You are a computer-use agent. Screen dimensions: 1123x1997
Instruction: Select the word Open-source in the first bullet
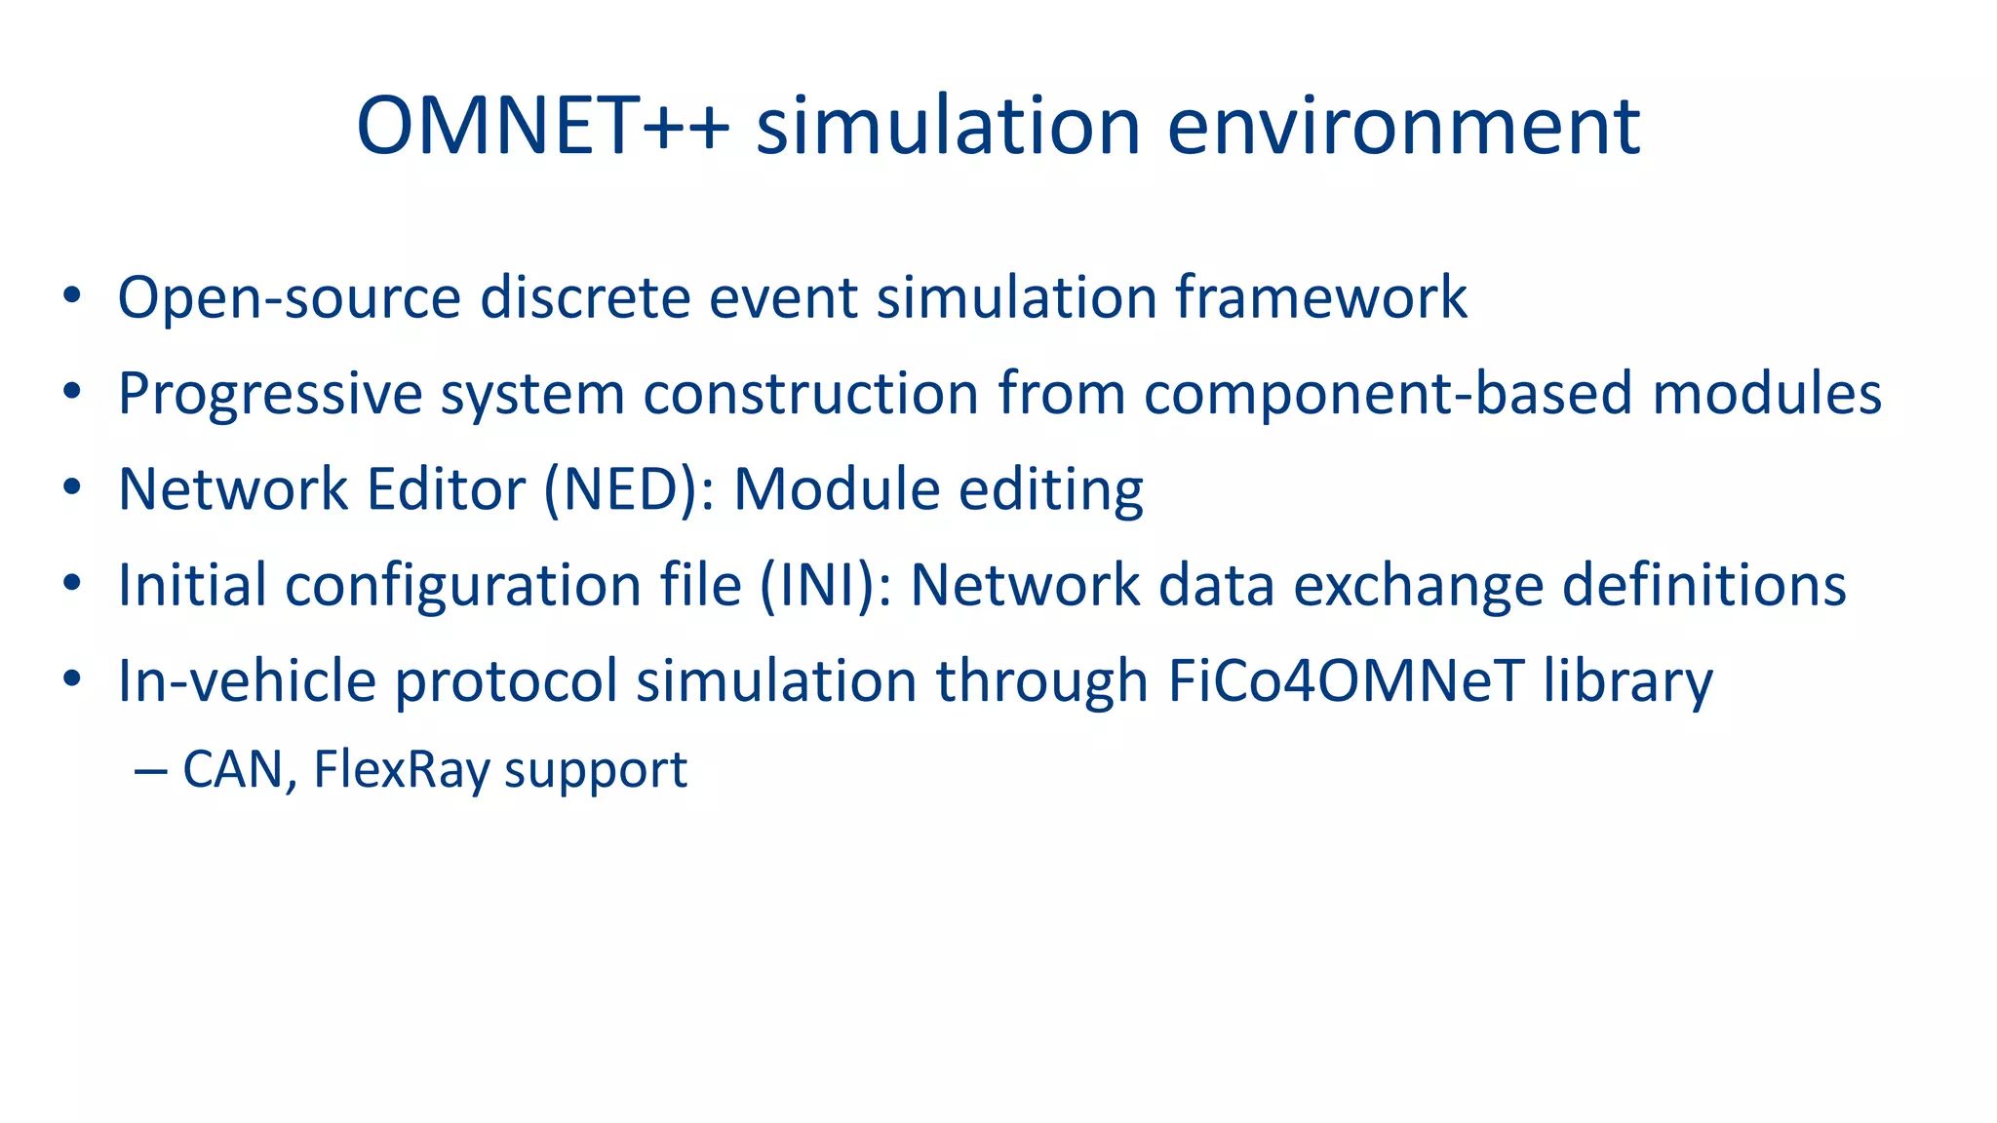click(289, 297)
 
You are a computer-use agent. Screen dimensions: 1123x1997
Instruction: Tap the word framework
click(1320, 297)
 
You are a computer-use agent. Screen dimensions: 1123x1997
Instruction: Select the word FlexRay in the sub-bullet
click(402, 770)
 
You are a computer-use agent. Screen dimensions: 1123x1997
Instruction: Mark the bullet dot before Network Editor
click(71, 487)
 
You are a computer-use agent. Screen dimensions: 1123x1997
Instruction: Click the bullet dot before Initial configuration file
click(71, 583)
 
